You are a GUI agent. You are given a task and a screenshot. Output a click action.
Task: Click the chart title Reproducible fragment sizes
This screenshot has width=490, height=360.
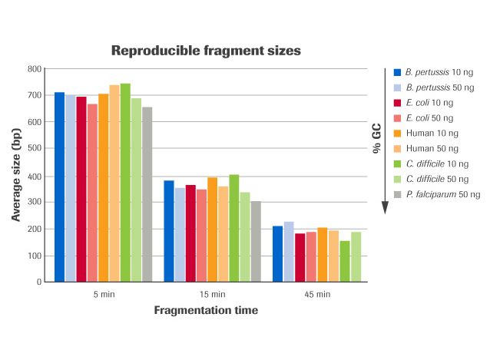(206, 51)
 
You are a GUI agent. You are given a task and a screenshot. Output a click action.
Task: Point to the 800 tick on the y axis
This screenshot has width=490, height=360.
(33, 69)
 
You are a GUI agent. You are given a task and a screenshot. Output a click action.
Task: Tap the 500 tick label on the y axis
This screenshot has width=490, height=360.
(33, 149)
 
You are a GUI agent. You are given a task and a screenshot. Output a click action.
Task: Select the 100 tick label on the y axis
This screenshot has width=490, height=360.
(33, 256)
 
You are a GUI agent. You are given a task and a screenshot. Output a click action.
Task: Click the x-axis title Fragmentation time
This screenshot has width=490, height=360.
(206, 311)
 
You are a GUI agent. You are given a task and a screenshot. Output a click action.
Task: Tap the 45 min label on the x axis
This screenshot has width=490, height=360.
(316, 294)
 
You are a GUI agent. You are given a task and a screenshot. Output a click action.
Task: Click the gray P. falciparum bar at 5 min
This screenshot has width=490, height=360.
(147, 194)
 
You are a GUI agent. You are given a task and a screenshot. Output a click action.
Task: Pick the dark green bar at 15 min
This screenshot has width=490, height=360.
(234, 228)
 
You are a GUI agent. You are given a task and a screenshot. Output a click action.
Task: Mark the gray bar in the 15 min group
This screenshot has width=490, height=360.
(256, 241)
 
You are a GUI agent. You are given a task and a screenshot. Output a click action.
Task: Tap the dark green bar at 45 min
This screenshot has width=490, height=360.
(344, 261)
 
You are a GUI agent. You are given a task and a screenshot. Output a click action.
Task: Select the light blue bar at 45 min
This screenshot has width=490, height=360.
(289, 251)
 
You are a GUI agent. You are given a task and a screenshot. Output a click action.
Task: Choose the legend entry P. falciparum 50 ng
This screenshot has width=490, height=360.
(434, 194)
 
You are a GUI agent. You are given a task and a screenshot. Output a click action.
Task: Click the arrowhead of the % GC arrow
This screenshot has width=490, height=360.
(385, 208)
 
